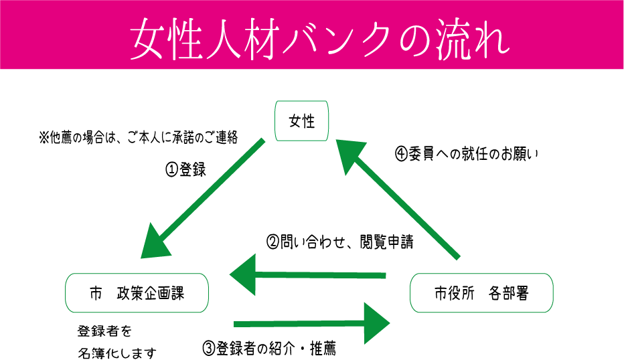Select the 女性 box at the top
point(302,121)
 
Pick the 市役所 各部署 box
point(481,293)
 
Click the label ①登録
point(185,170)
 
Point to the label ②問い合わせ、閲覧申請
point(339,242)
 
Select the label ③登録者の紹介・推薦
point(268,348)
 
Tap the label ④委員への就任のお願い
point(467,153)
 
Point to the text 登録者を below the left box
point(104,331)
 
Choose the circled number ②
point(272,242)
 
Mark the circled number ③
point(208,348)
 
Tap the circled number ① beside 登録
point(171,170)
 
